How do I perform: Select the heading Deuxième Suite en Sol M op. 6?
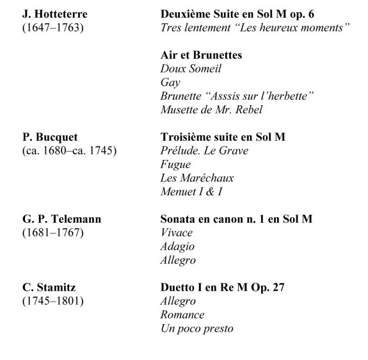click(236, 14)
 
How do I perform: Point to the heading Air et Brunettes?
click(200, 56)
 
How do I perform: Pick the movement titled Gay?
click(170, 83)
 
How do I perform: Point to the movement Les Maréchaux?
click(197, 178)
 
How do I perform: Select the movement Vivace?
click(177, 233)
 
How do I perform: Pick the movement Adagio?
click(177, 247)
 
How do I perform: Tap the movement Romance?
click(182, 315)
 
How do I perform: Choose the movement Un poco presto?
click(196, 329)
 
